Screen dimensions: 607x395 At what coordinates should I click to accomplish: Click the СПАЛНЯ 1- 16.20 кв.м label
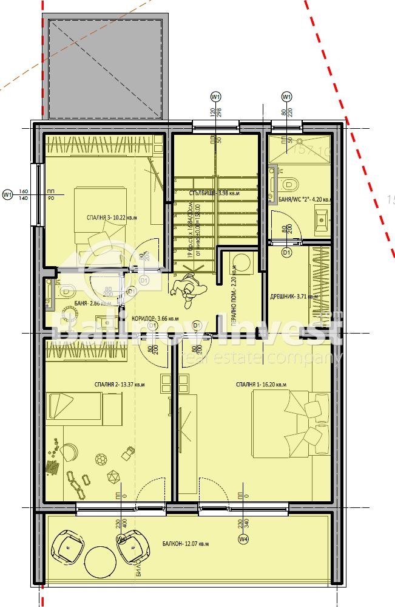pos(262,385)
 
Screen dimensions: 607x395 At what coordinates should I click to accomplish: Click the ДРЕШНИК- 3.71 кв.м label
pos(294,297)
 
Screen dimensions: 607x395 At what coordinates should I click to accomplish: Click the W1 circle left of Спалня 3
pos(8,194)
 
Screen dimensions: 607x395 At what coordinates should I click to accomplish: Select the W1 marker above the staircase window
pos(215,97)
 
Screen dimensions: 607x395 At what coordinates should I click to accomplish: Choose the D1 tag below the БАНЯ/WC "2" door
pos(288,250)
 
